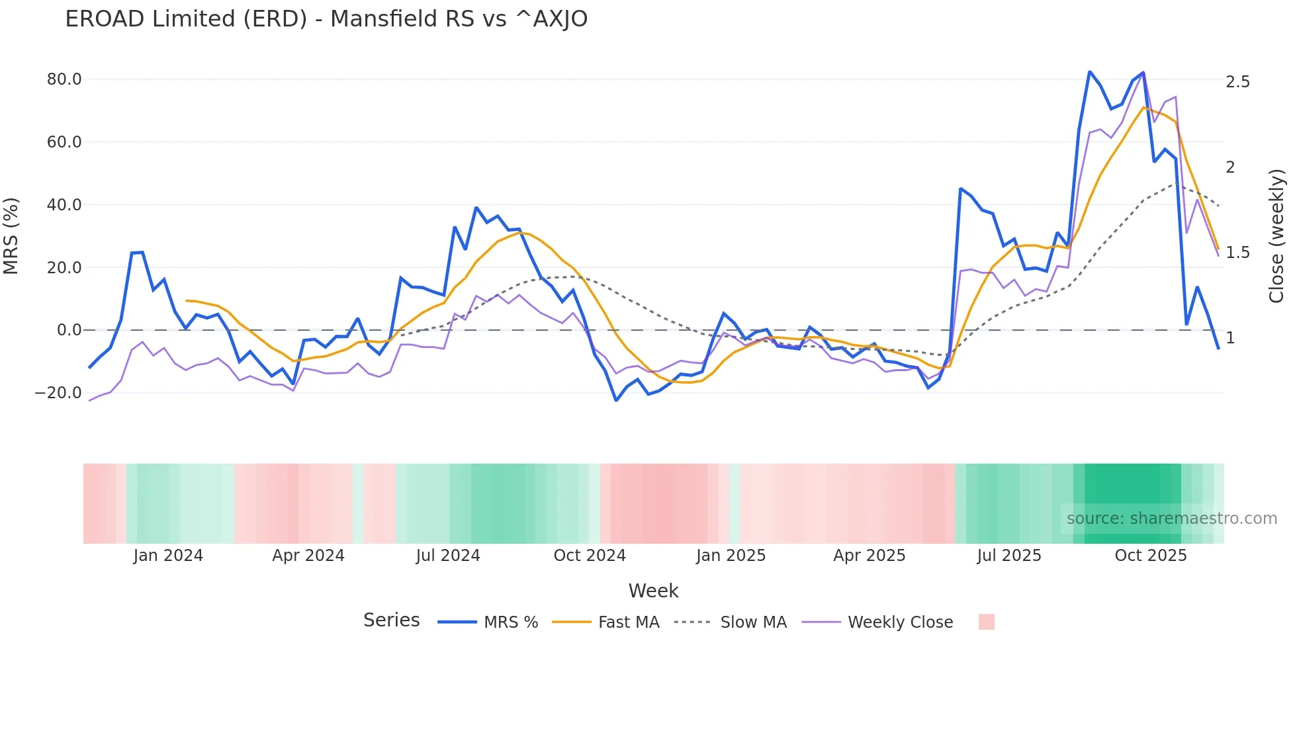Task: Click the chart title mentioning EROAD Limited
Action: coord(326,19)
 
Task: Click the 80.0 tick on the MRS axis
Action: coord(64,79)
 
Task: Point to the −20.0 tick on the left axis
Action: coord(58,393)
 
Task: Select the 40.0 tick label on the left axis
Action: coord(64,205)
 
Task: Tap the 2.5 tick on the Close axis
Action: coord(1237,82)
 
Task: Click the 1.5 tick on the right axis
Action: coord(1237,253)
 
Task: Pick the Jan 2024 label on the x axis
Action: coord(168,556)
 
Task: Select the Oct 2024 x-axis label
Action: coord(590,556)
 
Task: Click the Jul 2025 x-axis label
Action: coord(1009,556)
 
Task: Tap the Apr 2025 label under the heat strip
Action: coord(869,556)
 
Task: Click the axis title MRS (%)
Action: coord(11,236)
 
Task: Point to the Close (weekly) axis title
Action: coord(1276,236)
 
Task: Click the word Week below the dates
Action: coord(653,591)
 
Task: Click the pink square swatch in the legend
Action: coord(986,622)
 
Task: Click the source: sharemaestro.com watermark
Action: coord(1171,519)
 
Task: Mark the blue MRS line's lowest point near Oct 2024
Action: coord(616,400)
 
